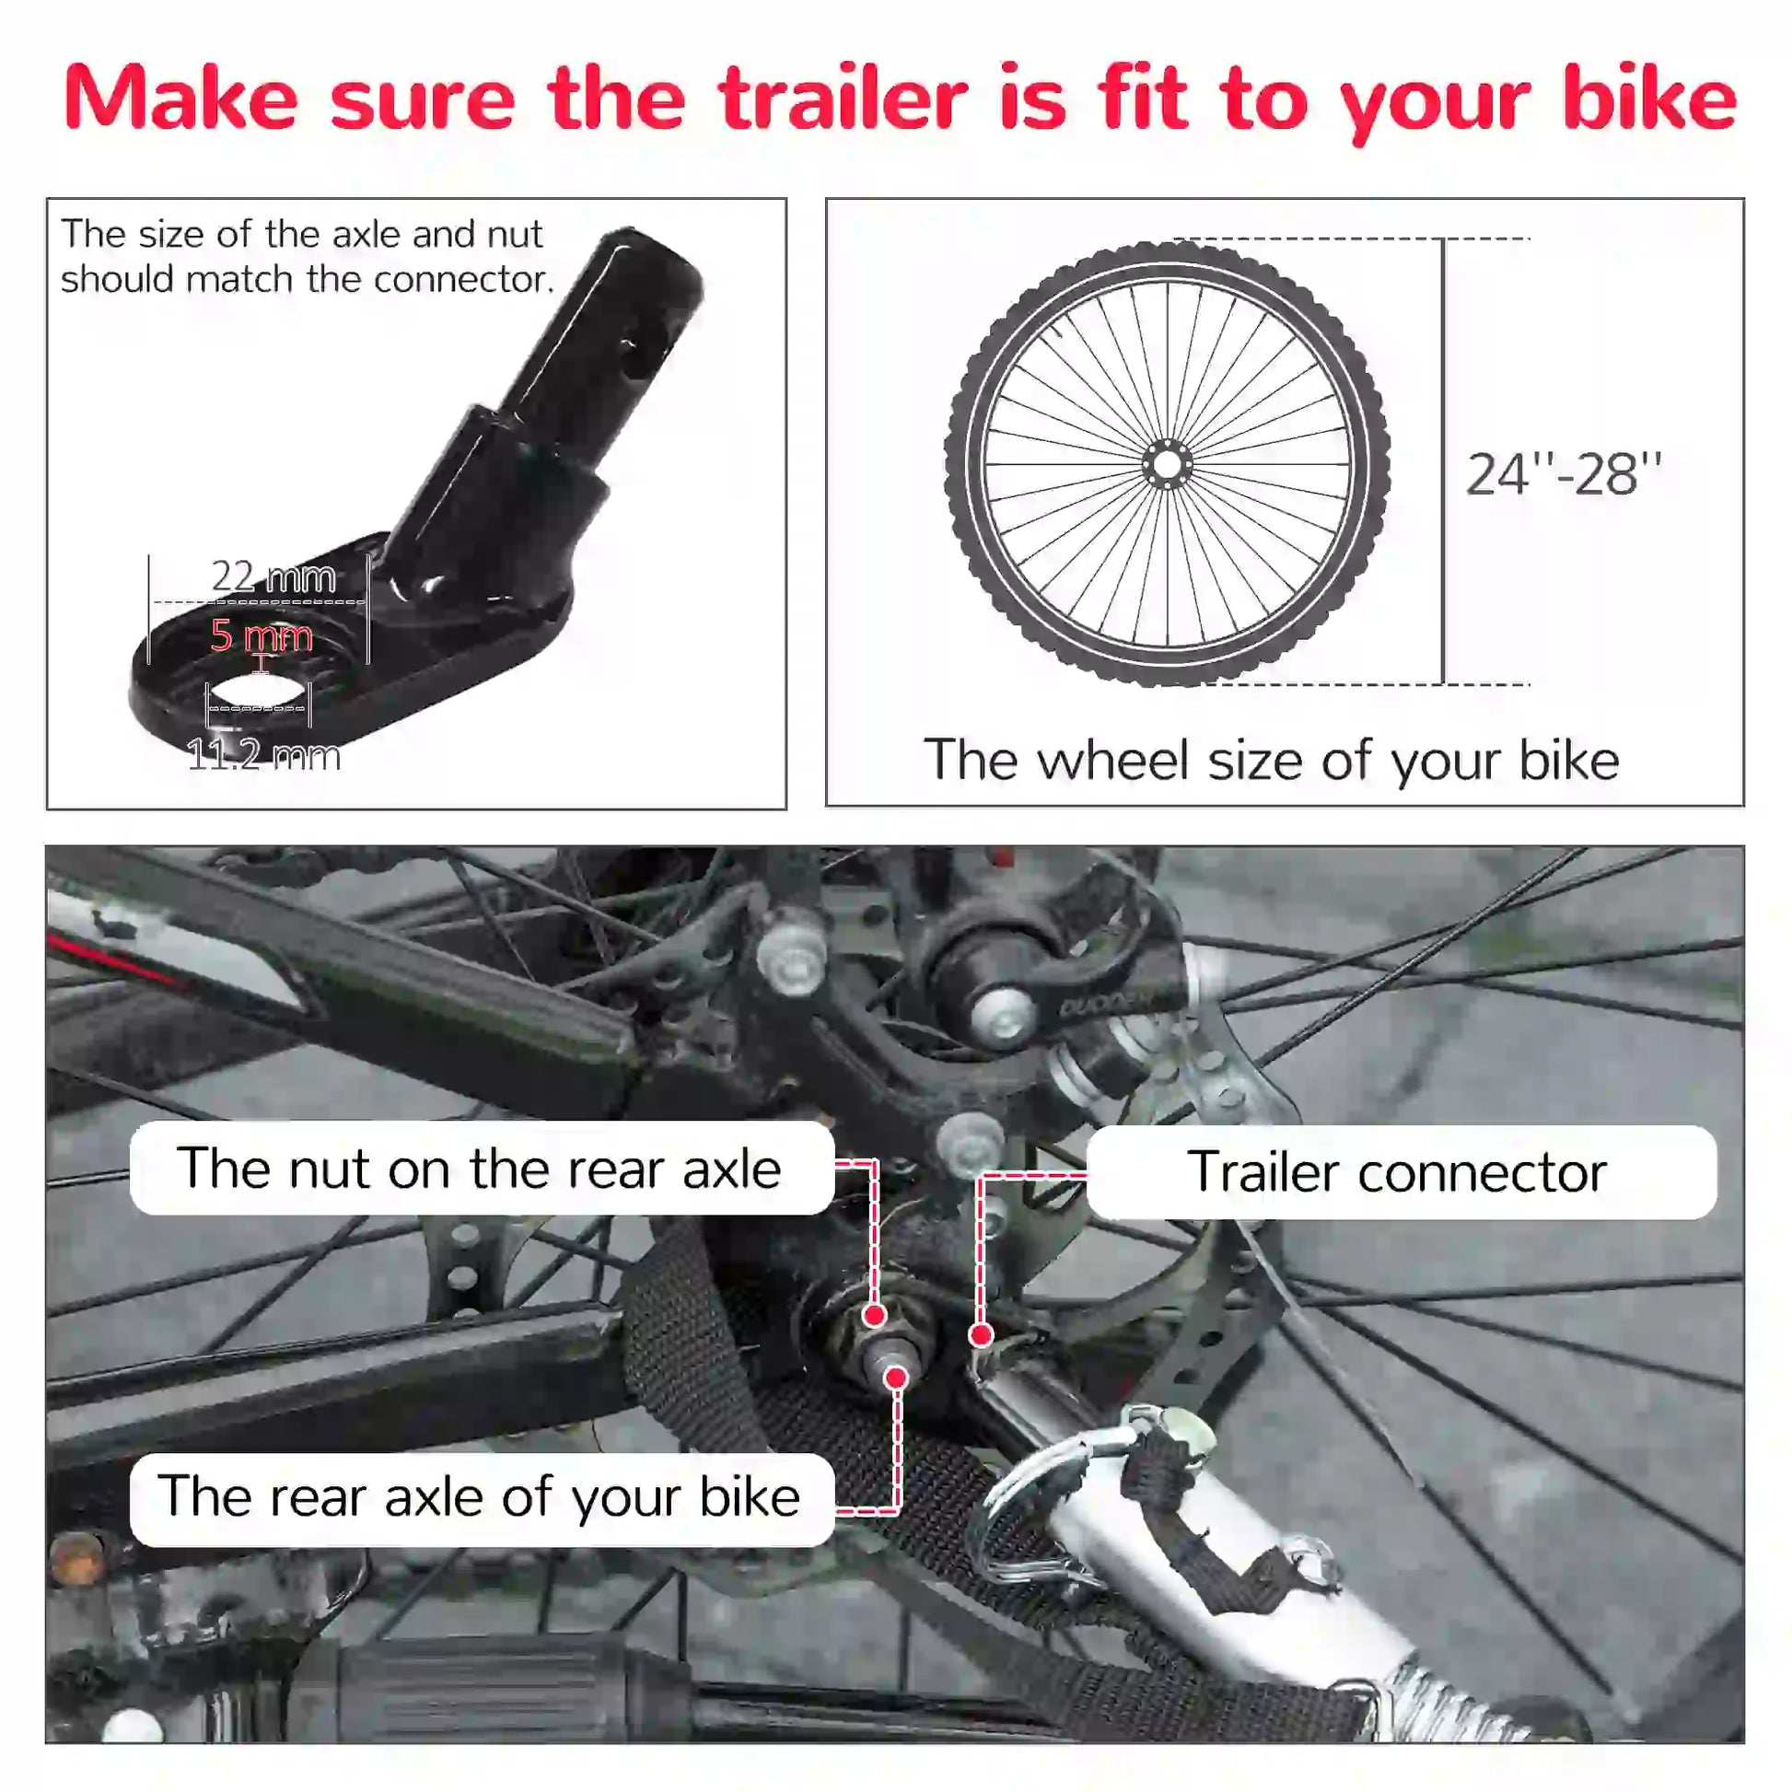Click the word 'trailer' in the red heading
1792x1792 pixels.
(843, 99)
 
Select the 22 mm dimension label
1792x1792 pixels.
(273, 577)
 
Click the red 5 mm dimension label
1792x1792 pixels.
(262, 636)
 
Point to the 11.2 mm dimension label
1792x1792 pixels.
(264, 755)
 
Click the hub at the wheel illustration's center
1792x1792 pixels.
(1167, 464)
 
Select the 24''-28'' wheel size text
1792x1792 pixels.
(1564, 475)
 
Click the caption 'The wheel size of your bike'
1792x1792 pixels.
(1272, 761)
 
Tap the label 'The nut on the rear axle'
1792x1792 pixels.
(481, 1169)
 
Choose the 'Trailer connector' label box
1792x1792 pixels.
(1399, 1172)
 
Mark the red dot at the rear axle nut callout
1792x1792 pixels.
(874, 1315)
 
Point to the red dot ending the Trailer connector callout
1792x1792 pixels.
(982, 1334)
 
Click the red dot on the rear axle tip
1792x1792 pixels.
(896, 1378)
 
